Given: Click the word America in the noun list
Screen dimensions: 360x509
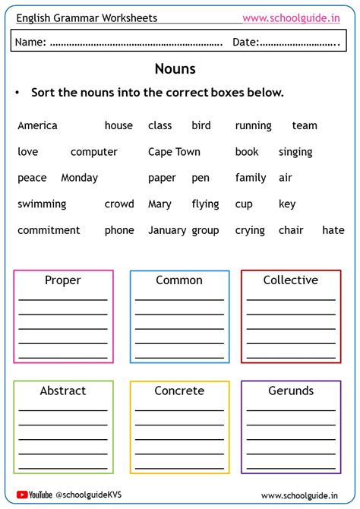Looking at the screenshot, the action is click(x=37, y=125).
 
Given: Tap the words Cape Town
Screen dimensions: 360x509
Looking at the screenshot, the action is click(x=174, y=152).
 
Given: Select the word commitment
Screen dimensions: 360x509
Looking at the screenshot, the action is click(x=49, y=230).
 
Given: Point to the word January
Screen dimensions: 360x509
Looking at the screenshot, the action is click(x=167, y=230).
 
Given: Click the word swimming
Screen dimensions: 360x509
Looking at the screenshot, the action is click(x=42, y=204).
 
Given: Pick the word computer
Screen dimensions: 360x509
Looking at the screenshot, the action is click(x=94, y=152).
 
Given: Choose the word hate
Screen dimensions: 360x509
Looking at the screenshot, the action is click(x=333, y=230).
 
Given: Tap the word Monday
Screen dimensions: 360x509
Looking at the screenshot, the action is click(x=79, y=178).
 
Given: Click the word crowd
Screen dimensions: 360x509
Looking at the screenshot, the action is click(x=119, y=204).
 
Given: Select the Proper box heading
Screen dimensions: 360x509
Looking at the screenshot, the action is click(x=63, y=280).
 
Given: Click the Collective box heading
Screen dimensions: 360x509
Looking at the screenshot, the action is click(x=290, y=280).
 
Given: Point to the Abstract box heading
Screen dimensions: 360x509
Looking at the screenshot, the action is click(x=63, y=390).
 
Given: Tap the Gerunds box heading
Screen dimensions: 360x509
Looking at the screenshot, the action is click(x=290, y=390).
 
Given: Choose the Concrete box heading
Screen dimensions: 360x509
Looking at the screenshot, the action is click(x=179, y=390).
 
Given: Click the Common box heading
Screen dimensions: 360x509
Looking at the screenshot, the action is click(x=179, y=280).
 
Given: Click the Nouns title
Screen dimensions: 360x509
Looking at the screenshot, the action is click(x=175, y=69).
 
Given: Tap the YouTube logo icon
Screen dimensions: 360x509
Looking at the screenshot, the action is click(x=23, y=495).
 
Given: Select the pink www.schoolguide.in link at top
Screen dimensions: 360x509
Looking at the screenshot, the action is click(x=291, y=17).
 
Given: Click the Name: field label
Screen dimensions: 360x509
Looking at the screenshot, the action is click(x=31, y=43).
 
